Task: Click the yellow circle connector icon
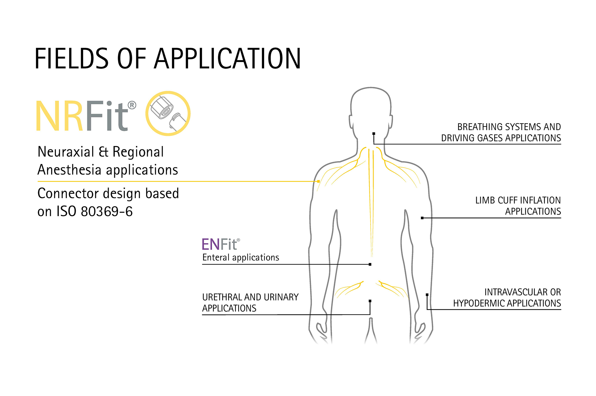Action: pyautogui.click(x=168, y=113)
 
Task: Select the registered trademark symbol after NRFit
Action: pyautogui.click(x=132, y=105)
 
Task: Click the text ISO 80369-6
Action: pyautogui.click(x=94, y=212)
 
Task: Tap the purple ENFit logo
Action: pyautogui.click(x=219, y=245)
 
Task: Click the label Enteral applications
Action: pyautogui.click(x=241, y=258)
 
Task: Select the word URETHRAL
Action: pyautogui.click(x=222, y=297)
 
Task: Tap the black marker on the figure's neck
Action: pyautogui.click(x=374, y=134)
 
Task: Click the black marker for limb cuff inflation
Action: pyautogui.click(x=422, y=218)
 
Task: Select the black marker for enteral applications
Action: pyautogui.click(x=370, y=264)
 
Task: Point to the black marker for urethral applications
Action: pyautogui.click(x=370, y=301)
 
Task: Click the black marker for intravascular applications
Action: pyautogui.click(x=427, y=295)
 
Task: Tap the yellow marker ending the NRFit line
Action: pyautogui.click(x=318, y=181)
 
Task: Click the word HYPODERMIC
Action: pyautogui.click(x=478, y=303)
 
